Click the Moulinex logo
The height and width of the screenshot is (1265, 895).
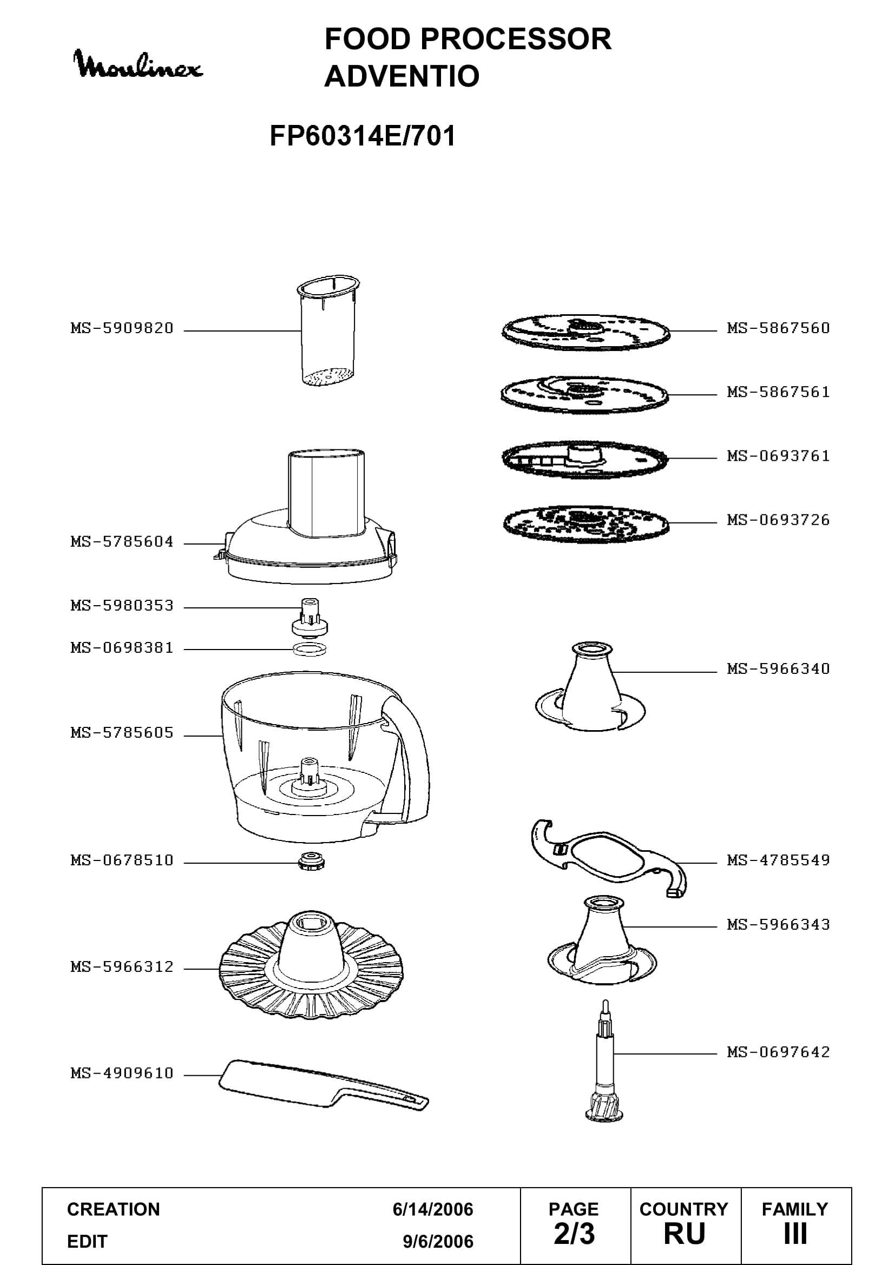(x=138, y=64)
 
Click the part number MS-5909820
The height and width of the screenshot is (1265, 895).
(x=122, y=328)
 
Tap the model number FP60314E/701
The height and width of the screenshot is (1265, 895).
(x=363, y=136)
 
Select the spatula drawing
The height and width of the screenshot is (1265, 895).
(x=324, y=1084)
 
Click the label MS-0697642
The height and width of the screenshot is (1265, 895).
(x=778, y=1052)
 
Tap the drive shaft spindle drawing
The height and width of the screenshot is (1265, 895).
(x=605, y=1061)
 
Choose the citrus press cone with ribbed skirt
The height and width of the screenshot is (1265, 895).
(x=311, y=964)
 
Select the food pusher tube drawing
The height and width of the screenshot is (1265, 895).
(x=328, y=330)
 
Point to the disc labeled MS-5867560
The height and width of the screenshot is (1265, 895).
(x=586, y=332)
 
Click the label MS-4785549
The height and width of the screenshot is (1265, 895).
(x=778, y=860)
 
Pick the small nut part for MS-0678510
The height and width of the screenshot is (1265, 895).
(x=311, y=861)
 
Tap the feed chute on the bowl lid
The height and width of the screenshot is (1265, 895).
(x=327, y=493)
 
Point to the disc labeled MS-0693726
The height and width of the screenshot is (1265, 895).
(x=586, y=524)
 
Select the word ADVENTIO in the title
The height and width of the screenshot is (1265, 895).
(x=402, y=76)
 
